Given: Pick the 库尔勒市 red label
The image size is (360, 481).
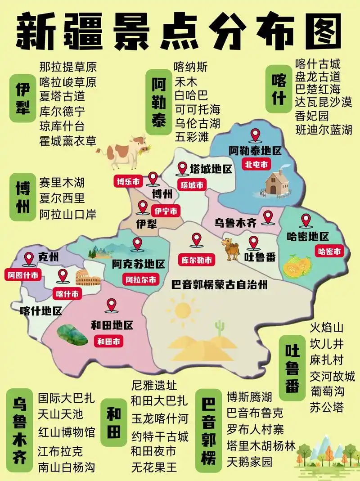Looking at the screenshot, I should point(196,260).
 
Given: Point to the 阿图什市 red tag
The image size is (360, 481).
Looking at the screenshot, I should point(22,274).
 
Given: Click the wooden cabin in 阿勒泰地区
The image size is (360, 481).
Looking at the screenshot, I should point(278,182).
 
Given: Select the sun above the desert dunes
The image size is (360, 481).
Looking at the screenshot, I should point(183,310).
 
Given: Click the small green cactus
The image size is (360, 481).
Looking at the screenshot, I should point(219,328).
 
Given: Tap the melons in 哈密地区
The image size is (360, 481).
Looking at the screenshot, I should point(297,266).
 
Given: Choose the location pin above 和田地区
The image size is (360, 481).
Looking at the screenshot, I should point(111,306).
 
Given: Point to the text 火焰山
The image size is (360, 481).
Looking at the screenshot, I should point(327,327).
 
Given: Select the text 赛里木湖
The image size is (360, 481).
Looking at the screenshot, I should point(62,183).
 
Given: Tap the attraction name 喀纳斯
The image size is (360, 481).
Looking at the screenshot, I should point(191,67).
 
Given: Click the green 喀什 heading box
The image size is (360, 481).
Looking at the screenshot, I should point(279,88).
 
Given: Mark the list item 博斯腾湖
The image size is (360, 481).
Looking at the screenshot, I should point(250,397).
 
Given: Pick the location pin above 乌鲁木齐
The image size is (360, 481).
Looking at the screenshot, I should point(268,217).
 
